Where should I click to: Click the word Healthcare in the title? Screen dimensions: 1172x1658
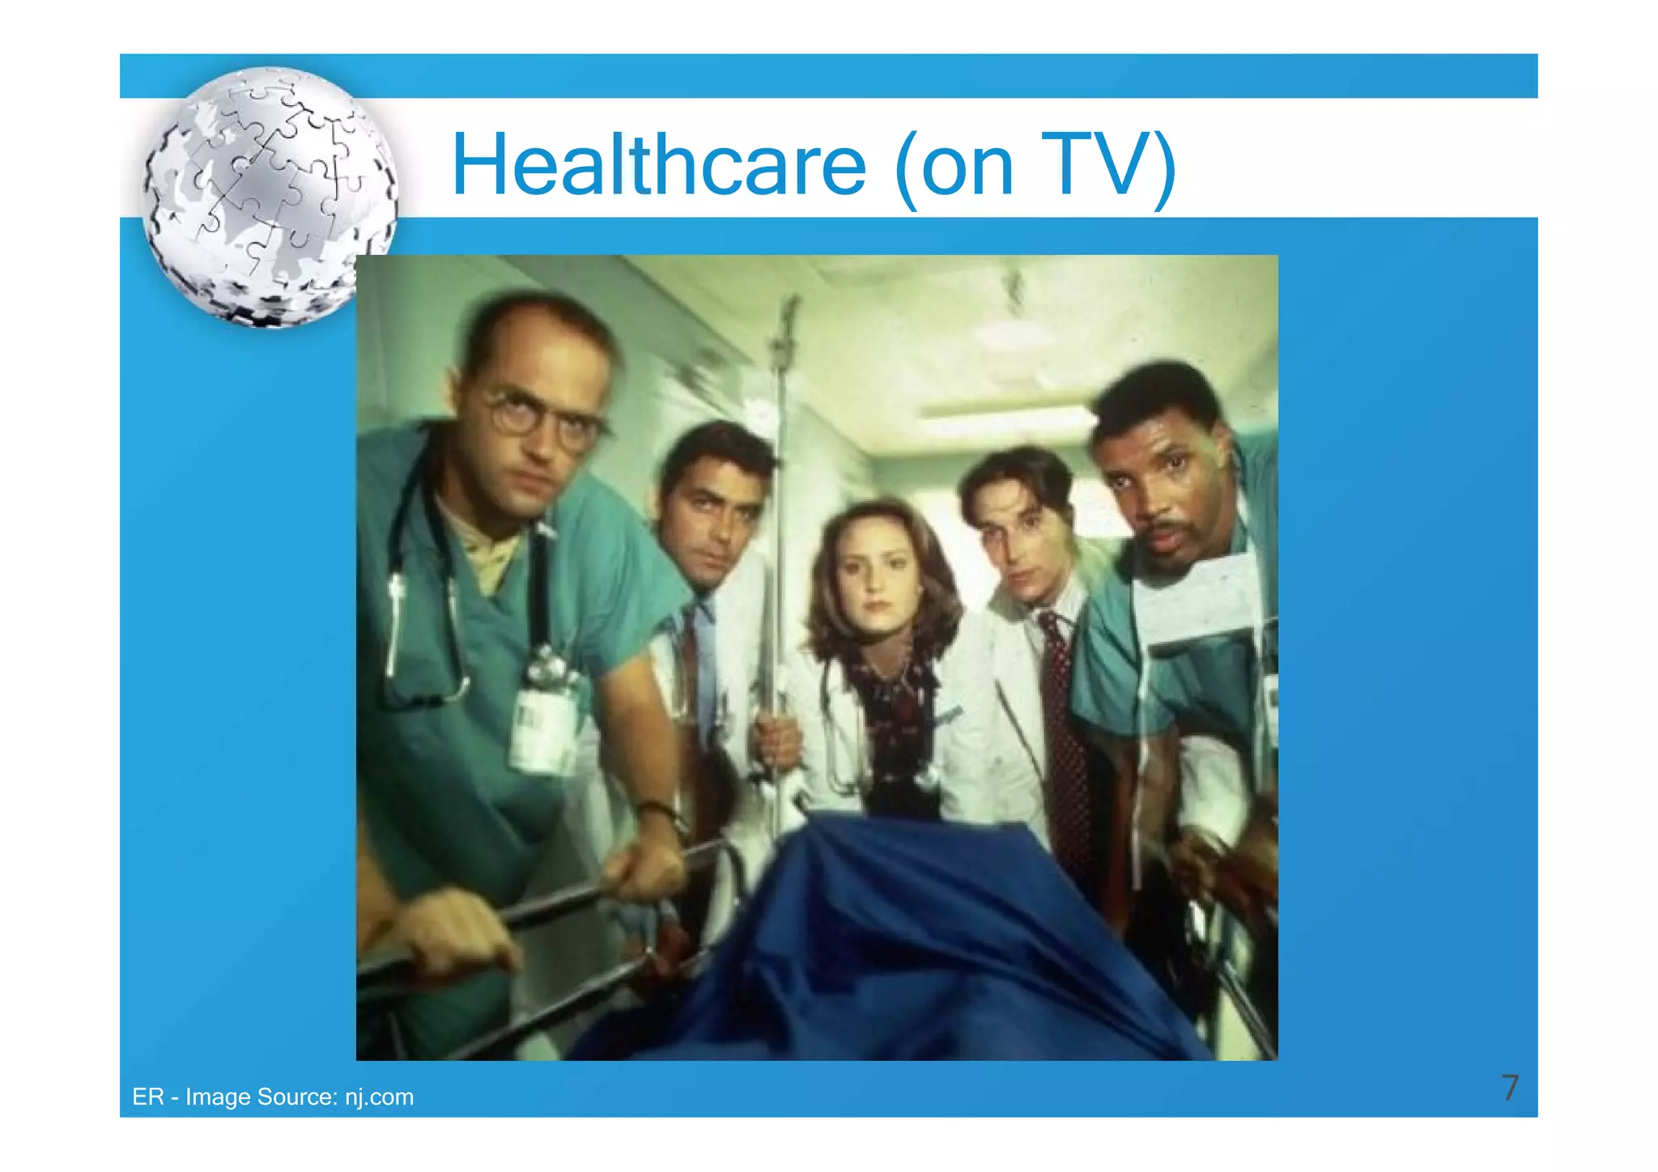pyautogui.click(x=658, y=166)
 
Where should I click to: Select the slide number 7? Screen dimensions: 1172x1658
pyautogui.click(x=1510, y=1088)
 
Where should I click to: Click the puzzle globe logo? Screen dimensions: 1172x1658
pyautogui.click(x=270, y=197)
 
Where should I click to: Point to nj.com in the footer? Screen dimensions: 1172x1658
pyautogui.click(x=379, y=1098)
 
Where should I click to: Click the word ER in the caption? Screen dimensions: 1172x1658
pyautogui.click(x=147, y=1098)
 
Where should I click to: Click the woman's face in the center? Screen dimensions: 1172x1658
pyautogui.click(x=873, y=580)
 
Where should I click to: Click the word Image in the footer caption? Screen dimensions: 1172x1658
pyautogui.click(x=218, y=1098)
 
